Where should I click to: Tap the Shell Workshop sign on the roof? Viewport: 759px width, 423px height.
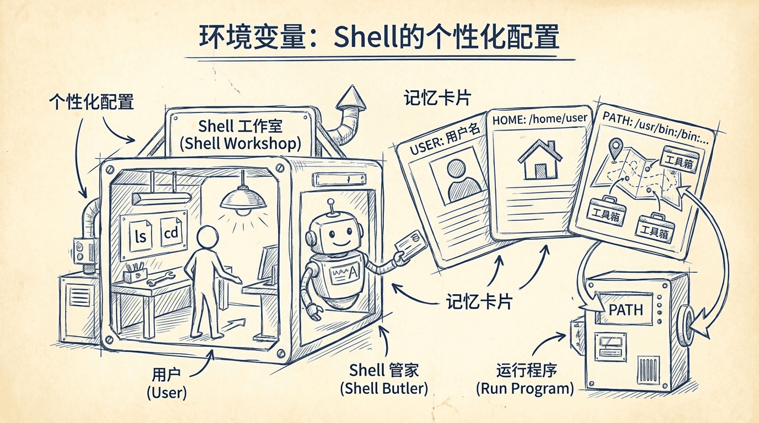pos(240,134)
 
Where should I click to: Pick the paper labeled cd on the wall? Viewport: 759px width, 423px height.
pos(172,233)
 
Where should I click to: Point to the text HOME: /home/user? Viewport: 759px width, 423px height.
pos(539,118)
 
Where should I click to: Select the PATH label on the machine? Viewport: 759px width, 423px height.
pos(626,310)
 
